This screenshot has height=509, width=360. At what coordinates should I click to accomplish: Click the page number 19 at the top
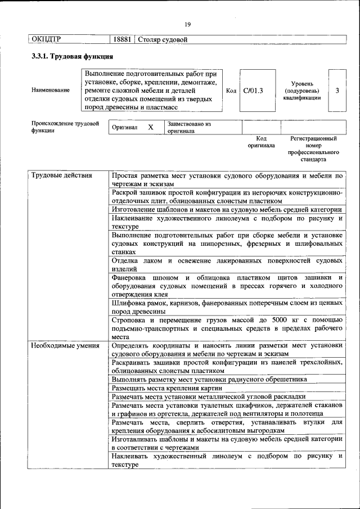[188, 24]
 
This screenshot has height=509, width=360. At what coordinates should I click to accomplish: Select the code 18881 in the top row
[122, 39]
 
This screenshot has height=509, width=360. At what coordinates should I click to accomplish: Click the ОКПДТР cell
[46, 39]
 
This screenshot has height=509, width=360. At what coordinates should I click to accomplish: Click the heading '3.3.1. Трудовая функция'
[73, 57]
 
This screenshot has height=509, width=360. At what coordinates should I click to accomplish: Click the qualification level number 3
[336, 90]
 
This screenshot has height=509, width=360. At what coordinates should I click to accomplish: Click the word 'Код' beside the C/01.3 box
[231, 90]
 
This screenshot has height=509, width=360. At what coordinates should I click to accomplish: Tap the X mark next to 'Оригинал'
[150, 127]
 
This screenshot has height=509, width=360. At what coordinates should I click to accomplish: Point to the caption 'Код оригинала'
[261, 142]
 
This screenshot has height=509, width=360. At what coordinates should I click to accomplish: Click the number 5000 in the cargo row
[280, 320]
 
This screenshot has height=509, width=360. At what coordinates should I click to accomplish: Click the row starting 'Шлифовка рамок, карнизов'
[227, 307]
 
